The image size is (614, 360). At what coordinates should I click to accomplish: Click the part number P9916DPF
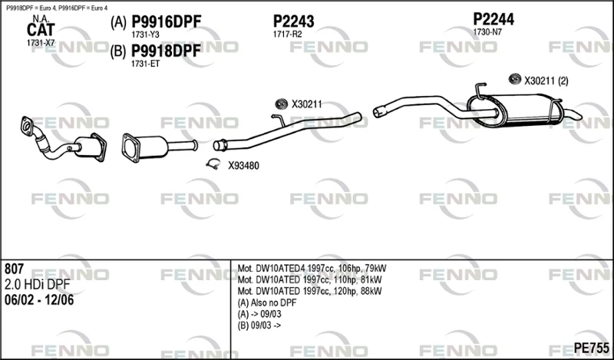tap(166, 22)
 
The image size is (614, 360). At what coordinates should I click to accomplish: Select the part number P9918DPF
tap(166, 51)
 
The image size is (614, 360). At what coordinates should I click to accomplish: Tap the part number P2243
tap(293, 21)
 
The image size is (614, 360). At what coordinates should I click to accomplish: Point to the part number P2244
tap(494, 19)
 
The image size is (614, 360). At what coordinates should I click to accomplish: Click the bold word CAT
tap(41, 30)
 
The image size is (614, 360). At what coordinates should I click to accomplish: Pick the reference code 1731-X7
tap(41, 43)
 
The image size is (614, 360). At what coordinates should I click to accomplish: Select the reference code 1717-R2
tap(287, 35)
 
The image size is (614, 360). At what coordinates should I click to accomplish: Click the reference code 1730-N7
tap(487, 32)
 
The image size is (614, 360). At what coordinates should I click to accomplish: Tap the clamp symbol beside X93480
tap(213, 164)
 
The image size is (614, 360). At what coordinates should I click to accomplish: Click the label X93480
tap(243, 166)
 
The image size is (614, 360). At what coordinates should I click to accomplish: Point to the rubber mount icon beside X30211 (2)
tap(514, 79)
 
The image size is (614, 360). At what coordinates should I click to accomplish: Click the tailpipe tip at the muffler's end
tap(575, 115)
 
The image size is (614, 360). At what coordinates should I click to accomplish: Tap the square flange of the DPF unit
tap(130, 147)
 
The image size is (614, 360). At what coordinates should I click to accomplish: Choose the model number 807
tap(14, 269)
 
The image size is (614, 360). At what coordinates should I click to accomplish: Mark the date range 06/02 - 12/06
tap(39, 300)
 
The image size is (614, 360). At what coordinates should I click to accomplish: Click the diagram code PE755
tap(591, 348)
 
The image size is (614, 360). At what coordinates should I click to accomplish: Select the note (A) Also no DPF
tap(267, 302)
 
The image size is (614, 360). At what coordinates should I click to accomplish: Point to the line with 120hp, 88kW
tap(310, 292)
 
